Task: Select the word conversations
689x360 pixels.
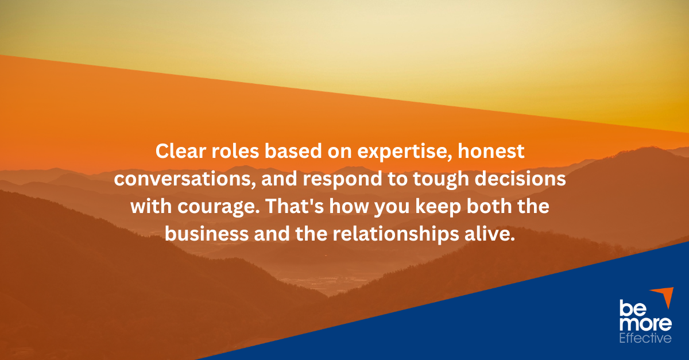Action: coord(185,179)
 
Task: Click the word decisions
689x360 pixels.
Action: coord(520,179)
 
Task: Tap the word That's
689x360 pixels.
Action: coord(295,206)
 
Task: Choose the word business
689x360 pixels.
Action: coord(207,234)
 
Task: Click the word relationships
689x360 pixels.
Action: coord(396,235)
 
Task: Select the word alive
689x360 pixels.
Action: coord(490,234)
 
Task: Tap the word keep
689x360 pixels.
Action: coord(438,207)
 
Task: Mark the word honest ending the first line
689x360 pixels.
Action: coord(491,151)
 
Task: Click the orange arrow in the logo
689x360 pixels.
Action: coord(664,296)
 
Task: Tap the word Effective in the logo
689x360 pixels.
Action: coord(645,338)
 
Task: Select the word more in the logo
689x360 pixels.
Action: coord(645,324)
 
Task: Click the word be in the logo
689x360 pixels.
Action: coord(632,308)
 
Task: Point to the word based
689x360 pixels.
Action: coord(293,151)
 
